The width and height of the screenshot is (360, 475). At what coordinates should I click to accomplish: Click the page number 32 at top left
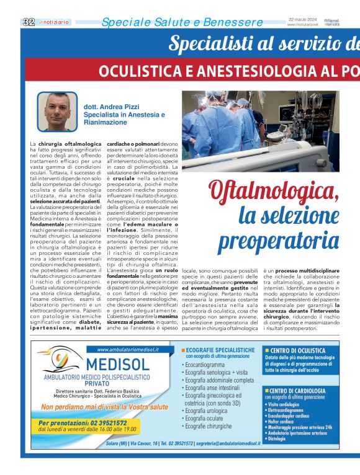click(29, 22)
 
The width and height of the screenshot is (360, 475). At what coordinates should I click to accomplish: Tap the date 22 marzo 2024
click(303, 19)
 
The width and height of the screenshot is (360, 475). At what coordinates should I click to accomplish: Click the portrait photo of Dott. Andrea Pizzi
click(61, 112)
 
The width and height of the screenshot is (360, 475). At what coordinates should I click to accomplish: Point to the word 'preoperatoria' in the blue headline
click(280, 240)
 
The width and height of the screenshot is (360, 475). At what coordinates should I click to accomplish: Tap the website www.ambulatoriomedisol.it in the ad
click(124, 349)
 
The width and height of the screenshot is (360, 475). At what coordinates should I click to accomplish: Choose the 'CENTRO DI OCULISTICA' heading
click(298, 350)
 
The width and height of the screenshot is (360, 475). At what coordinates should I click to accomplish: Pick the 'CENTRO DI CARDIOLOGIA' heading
click(298, 391)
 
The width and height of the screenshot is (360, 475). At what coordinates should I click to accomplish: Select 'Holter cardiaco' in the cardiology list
click(286, 415)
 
